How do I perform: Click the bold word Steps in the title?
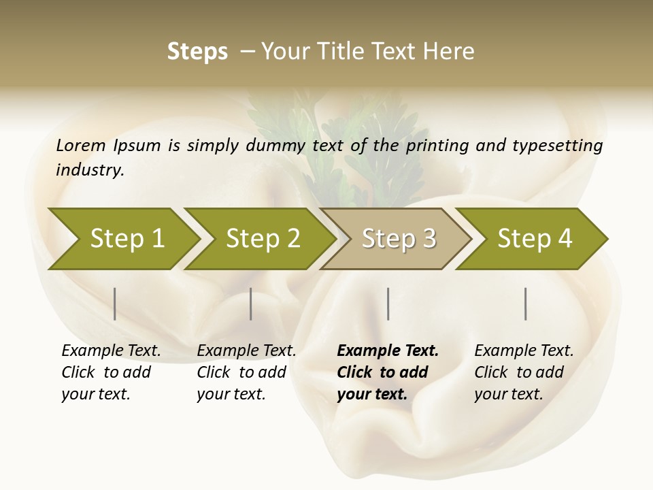[x=197, y=52]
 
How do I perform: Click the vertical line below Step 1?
[x=115, y=304]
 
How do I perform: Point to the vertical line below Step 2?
[x=251, y=304]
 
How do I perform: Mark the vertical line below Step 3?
[x=388, y=304]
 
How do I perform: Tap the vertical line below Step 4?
[x=525, y=304]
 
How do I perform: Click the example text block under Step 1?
[x=111, y=372]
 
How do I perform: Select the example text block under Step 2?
[x=246, y=372]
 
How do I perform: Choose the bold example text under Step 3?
[x=388, y=372]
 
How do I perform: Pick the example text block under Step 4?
[x=524, y=372]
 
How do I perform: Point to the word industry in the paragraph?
[x=90, y=170]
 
